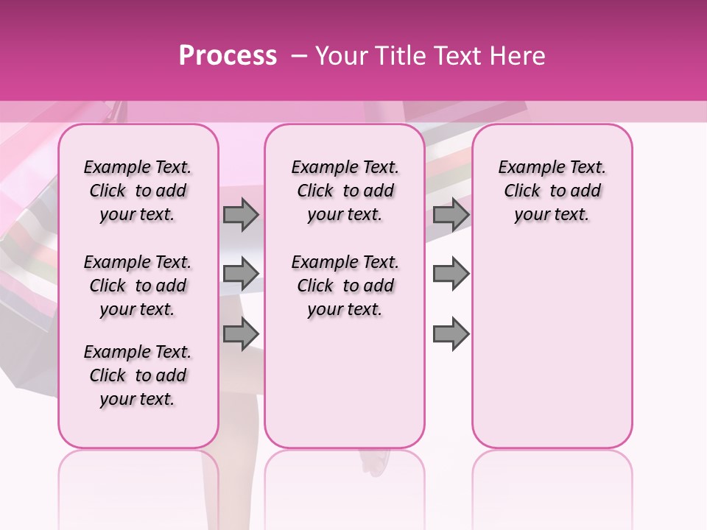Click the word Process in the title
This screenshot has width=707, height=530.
tap(228, 55)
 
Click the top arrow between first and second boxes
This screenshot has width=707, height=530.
tap(241, 215)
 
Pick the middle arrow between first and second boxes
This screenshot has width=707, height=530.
tap(241, 274)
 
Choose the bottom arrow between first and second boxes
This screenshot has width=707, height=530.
tap(241, 333)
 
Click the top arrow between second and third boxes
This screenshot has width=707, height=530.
tap(451, 215)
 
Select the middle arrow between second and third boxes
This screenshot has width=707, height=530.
tap(451, 274)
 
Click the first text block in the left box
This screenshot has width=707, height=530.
tap(138, 191)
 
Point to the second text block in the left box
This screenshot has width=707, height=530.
tap(138, 286)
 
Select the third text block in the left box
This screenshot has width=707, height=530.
tap(138, 375)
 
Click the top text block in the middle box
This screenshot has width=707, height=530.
tap(345, 191)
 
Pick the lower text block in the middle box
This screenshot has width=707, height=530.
tap(345, 286)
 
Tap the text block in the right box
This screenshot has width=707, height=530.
tap(552, 191)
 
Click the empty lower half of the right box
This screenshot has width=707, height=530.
tap(552, 353)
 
